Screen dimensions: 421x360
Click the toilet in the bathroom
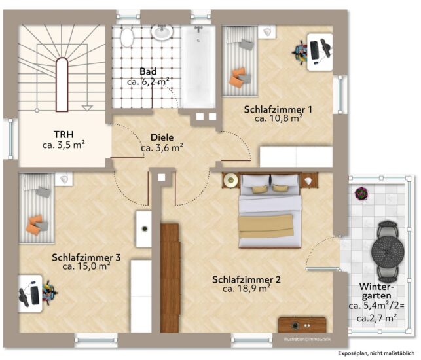pos(126,37)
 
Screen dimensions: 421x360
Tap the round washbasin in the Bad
pos(162,32)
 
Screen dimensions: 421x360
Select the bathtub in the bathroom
pos(198,67)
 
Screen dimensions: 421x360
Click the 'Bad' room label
pos(148,71)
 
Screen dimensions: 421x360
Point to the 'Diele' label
pos(162,137)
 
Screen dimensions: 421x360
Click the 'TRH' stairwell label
pos(64,134)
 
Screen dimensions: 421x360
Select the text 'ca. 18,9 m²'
pos(246,288)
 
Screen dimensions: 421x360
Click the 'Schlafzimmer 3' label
pos(86,257)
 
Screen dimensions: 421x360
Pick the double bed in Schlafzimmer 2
pos(270,211)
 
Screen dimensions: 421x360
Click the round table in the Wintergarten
pos(388,251)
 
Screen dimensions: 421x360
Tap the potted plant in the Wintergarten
pos(361,193)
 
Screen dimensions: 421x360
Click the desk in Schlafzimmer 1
pos(320,52)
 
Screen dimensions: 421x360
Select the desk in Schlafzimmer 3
pos(30,293)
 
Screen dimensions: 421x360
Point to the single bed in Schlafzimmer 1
pos(240,61)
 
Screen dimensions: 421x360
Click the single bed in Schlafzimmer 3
pos(37,208)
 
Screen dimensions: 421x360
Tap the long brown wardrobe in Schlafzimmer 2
pos(170,278)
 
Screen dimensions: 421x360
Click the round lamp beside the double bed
pos(230,180)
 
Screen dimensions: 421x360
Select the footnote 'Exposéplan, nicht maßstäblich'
pos(376,353)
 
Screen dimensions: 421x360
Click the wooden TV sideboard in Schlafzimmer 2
pos(302,325)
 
